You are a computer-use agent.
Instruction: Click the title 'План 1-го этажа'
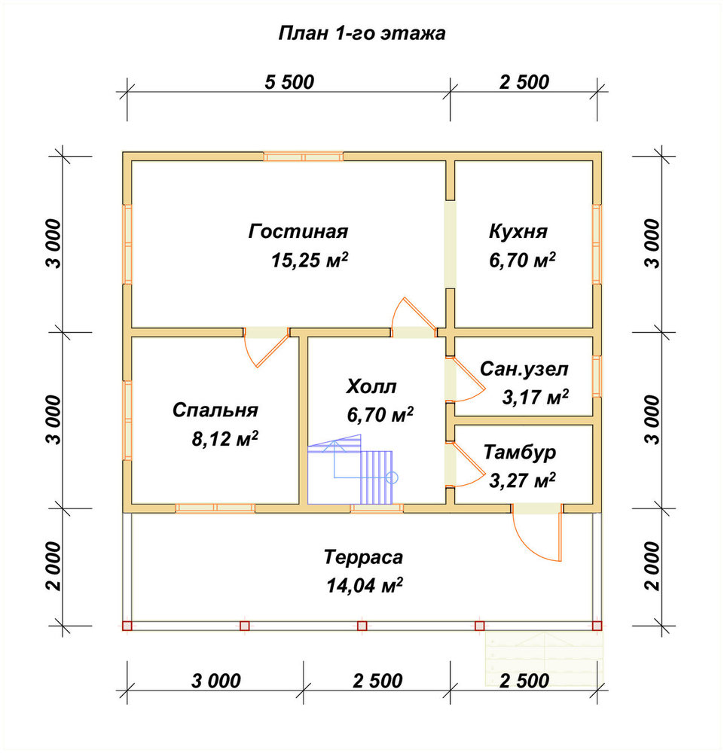click(x=362, y=33)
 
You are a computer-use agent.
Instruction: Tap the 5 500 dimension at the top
click(x=289, y=82)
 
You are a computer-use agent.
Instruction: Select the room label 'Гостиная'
click(x=298, y=231)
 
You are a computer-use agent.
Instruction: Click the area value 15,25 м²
click(x=310, y=260)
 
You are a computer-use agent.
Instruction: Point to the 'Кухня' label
click(x=518, y=231)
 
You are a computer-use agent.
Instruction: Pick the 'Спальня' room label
click(x=215, y=410)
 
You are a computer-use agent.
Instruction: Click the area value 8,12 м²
click(x=225, y=438)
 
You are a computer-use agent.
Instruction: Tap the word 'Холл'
click(x=371, y=386)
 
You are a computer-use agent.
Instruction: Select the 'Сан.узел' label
click(x=524, y=369)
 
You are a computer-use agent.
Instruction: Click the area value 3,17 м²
click(x=535, y=397)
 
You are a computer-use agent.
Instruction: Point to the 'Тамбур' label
click(x=520, y=452)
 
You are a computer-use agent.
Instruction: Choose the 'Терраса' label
click(x=363, y=557)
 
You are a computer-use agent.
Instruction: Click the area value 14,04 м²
click(x=365, y=585)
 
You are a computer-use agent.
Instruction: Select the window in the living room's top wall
click(x=303, y=157)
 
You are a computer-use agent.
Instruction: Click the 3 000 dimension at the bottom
click(x=215, y=681)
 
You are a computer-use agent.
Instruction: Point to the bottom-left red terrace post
click(x=127, y=626)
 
